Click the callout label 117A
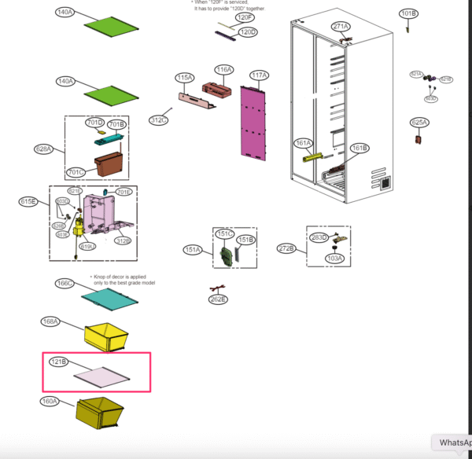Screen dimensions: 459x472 [259, 75]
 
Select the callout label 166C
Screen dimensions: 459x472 [65, 283]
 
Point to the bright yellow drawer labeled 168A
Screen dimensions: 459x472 [105, 336]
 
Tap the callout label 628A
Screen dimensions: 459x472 [43, 149]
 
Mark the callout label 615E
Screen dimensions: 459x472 [28, 202]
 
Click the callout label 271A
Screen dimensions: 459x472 [340, 27]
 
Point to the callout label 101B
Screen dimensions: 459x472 [408, 13]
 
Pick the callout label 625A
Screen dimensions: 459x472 [419, 123]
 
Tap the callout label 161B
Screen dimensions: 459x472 [359, 149]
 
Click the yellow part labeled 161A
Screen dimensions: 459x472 [312, 156]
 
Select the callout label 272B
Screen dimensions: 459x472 [287, 248]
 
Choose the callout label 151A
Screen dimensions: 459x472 [193, 249]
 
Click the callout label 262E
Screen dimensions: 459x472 [218, 299]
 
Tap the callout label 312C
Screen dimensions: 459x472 [159, 120]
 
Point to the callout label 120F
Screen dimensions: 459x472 [245, 17]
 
